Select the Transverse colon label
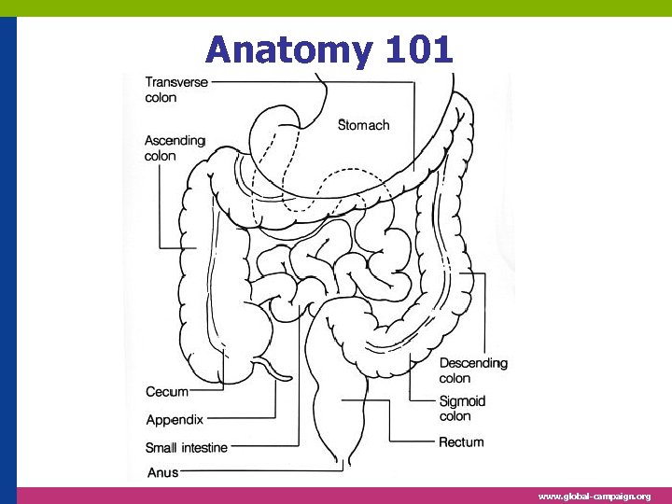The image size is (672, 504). point(176,90)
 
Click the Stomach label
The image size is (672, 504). point(363,124)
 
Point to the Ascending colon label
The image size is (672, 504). point(175,148)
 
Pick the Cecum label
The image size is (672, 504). point(167,392)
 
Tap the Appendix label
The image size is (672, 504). point(175,420)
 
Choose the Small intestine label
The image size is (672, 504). point(187,448)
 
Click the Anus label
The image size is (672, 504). point(162,473)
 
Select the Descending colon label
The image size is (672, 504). point(473,371)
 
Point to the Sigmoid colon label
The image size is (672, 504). point(461,408)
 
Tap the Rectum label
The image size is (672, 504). point(461,441)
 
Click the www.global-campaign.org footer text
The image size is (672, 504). point(595,497)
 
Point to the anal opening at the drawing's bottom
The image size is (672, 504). point(350,463)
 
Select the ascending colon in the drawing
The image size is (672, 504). point(201,271)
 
